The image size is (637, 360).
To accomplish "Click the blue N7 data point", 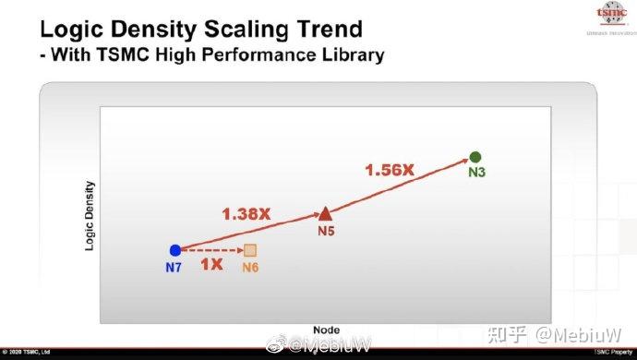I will tap(174, 250).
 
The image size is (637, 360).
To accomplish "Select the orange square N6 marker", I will tap(250, 251).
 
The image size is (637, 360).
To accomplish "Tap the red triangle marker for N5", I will tap(324, 214).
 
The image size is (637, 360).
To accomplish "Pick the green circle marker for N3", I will tap(475, 157).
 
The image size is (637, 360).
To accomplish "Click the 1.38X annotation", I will tap(246, 213).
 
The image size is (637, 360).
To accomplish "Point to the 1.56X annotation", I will tap(391, 170).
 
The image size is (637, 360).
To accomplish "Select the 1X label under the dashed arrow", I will tap(211, 265).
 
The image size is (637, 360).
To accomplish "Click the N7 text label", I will tap(174, 267).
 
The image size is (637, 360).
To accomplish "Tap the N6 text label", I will tap(250, 268).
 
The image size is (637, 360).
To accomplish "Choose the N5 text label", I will tap(324, 231).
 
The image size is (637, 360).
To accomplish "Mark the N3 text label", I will tap(476, 173).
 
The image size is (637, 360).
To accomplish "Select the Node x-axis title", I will tap(326, 330).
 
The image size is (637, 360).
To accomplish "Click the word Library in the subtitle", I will tap(349, 55).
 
